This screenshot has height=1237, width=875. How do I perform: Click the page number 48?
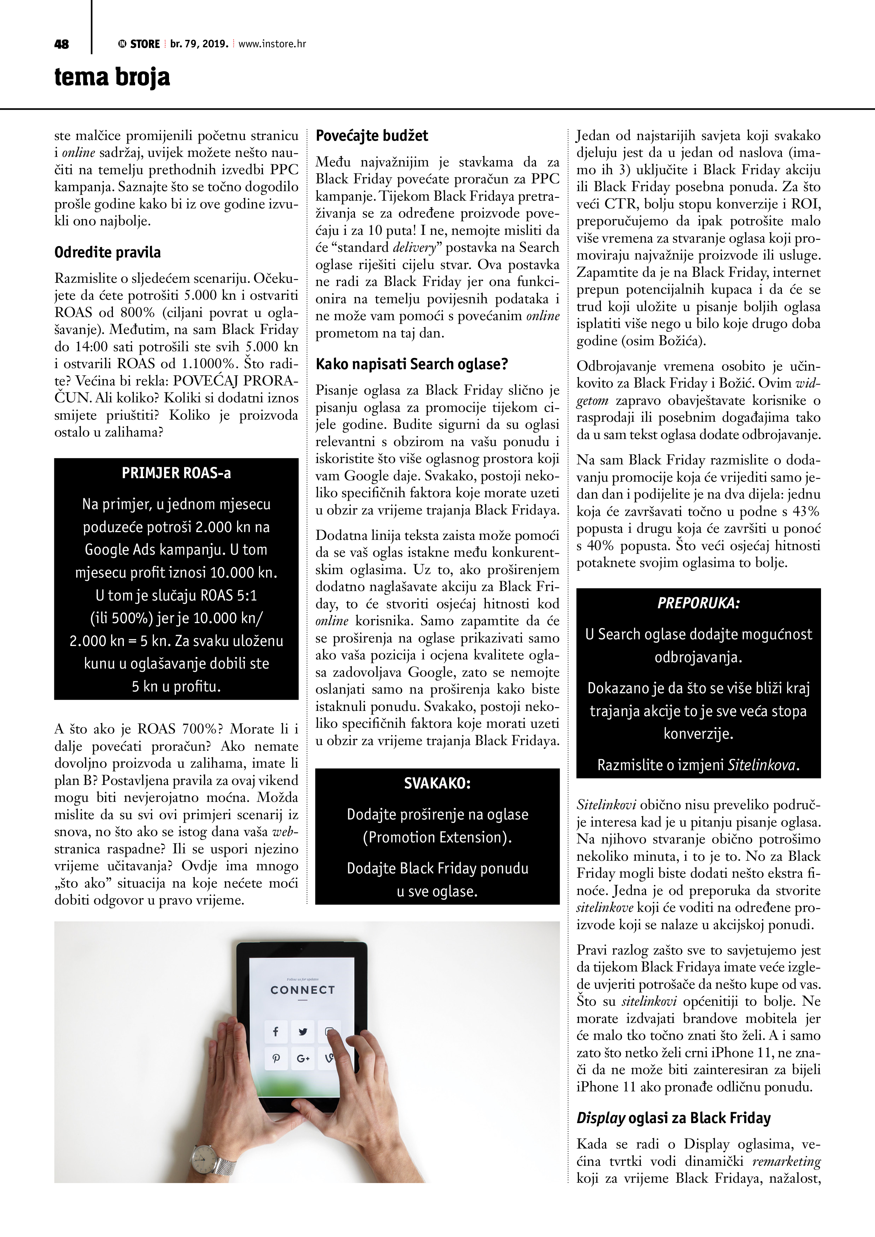tap(61, 44)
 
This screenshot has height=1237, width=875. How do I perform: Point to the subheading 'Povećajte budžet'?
tap(372, 136)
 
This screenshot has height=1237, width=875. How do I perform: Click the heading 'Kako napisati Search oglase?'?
tap(411, 364)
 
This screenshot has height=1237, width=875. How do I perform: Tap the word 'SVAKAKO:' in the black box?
tap(437, 784)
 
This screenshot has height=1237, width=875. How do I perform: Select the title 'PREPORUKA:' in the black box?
tap(698, 603)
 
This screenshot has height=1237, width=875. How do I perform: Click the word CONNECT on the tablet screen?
tap(302, 990)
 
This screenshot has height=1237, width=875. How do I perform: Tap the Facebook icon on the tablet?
tap(276, 1032)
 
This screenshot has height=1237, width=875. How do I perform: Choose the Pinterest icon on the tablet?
tap(276, 1059)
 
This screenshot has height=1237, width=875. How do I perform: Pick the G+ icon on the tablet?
tap(303, 1059)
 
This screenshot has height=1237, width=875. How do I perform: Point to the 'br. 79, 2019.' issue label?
tap(199, 44)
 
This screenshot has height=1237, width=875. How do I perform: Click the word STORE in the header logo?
tap(145, 44)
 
